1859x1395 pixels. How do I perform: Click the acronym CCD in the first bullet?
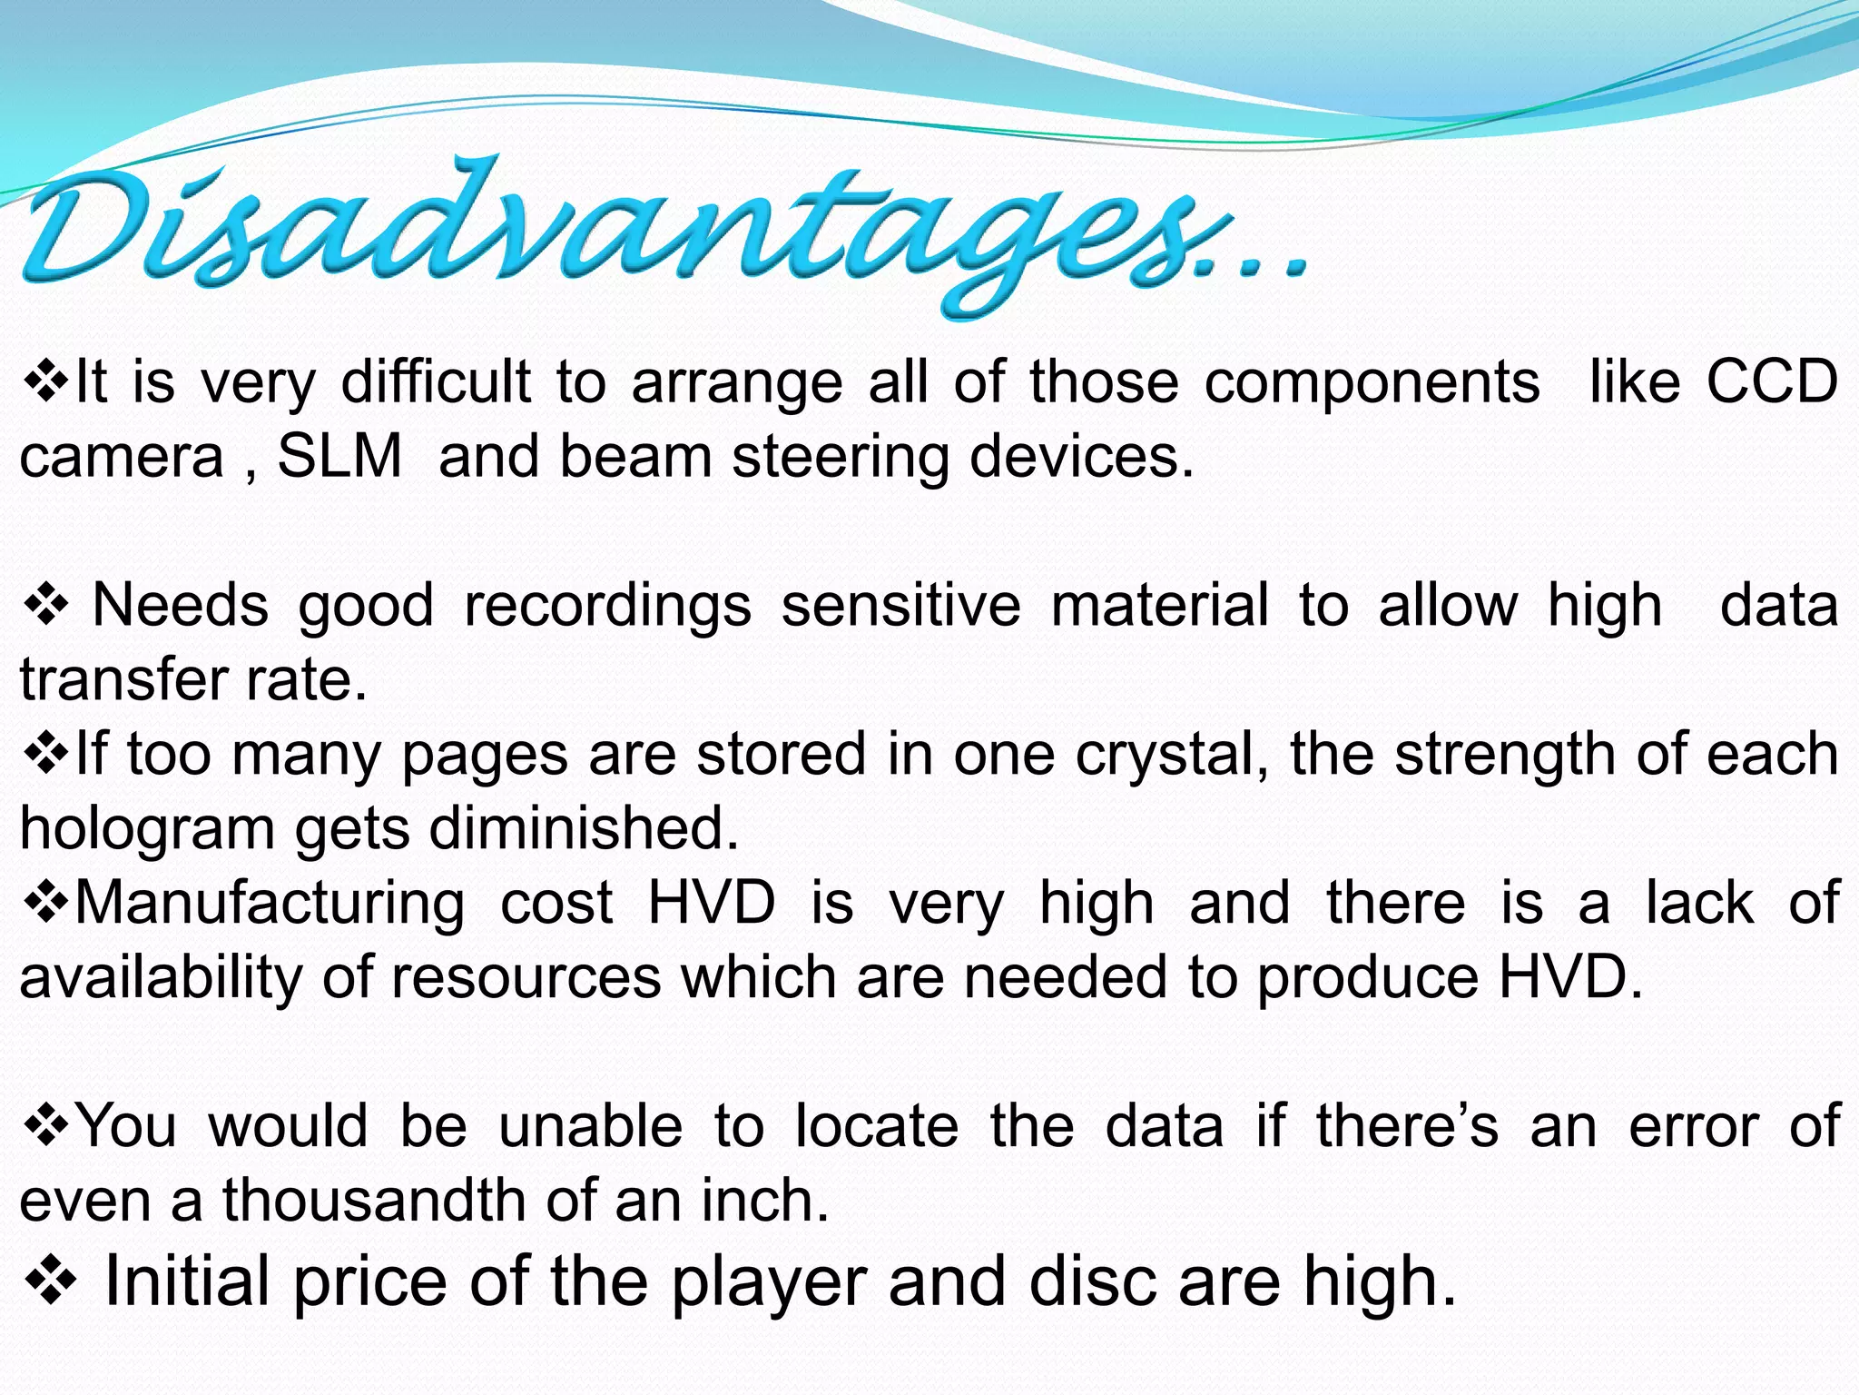tap(1772, 381)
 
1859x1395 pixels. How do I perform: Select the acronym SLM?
tap(339, 456)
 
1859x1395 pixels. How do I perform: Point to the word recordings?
tap(607, 607)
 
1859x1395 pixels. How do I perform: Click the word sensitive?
tap(900, 605)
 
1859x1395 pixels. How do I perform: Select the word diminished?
tap(584, 828)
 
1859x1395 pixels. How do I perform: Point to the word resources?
tap(526, 978)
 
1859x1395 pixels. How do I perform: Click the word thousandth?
tap(374, 1201)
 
